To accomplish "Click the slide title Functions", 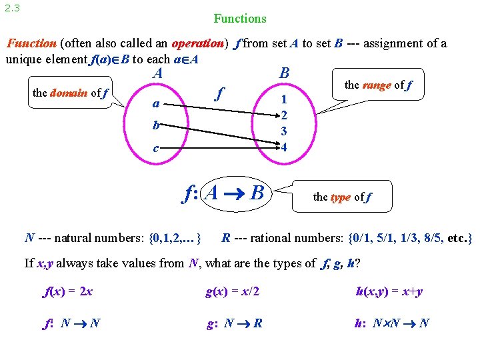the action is [x=240, y=19].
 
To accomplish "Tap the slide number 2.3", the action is [x=11, y=8].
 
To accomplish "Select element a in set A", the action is [x=155, y=104].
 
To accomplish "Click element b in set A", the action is [x=155, y=125].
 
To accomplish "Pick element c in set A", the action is [x=155, y=148].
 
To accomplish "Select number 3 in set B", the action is [x=284, y=131].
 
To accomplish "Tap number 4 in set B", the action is [x=284, y=147].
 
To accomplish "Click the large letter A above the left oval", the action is [x=158, y=73].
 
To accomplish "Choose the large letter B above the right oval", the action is [x=285, y=72].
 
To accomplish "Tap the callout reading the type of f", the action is [x=342, y=197].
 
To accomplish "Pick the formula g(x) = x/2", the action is [x=233, y=291].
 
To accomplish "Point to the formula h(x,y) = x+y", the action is [x=389, y=291].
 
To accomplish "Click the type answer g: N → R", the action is [x=234, y=323].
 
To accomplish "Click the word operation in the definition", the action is [x=197, y=43].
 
